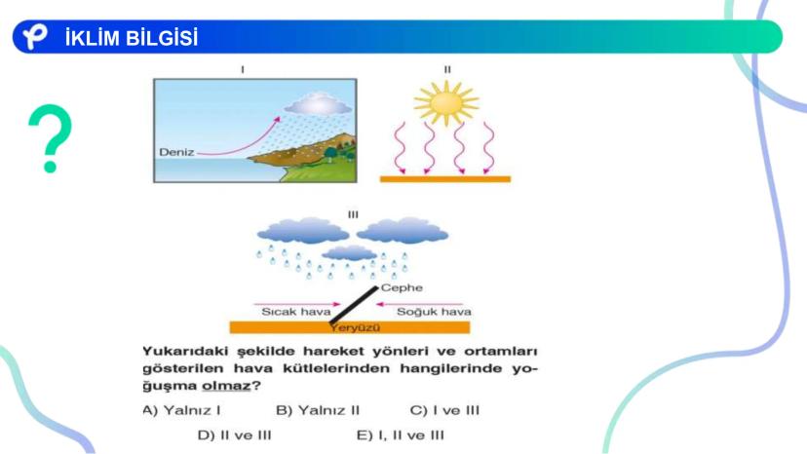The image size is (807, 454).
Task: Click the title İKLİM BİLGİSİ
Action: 132,38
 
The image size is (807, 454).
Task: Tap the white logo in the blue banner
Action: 35,37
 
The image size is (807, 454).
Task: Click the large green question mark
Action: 50,138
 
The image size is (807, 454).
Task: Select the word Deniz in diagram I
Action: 176,152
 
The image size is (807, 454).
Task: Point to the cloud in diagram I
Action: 318,104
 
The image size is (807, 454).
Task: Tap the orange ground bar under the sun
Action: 445,179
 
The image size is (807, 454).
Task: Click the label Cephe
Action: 402,287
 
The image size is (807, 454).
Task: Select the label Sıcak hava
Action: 296,312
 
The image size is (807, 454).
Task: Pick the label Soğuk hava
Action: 434,312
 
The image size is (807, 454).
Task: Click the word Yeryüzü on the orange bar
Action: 355,327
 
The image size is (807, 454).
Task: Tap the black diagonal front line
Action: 354,305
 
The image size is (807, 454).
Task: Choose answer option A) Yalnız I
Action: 181,410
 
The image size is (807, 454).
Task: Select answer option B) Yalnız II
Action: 318,410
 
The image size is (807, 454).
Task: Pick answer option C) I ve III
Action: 444,410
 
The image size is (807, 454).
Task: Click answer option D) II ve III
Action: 234,435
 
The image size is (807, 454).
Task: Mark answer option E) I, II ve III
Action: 400,435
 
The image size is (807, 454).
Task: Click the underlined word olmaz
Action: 226,386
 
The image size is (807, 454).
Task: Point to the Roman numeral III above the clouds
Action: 353,214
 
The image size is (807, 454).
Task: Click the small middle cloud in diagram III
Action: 350,252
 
